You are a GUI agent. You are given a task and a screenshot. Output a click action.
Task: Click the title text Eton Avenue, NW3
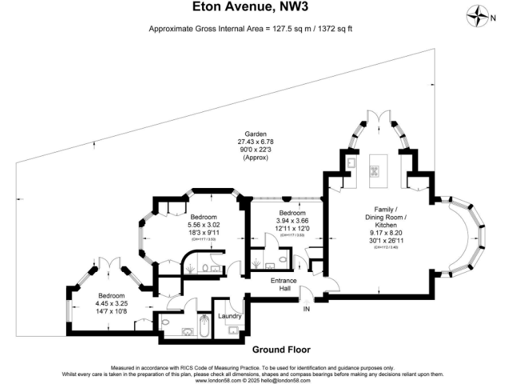pyautogui.click(x=255, y=8)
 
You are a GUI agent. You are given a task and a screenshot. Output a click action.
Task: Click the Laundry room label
pyautogui.click(x=229, y=316)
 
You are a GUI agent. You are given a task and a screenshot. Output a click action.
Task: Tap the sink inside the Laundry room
pyautogui.click(x=234, y=330)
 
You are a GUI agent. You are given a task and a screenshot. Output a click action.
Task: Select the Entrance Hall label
pyautogui.click(x=283, y=285)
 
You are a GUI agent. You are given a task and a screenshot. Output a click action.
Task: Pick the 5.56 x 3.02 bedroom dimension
pyautogui.click(x=204, y=225)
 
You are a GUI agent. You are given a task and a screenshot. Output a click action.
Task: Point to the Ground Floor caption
pyautogui.click(x=281, y=349)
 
